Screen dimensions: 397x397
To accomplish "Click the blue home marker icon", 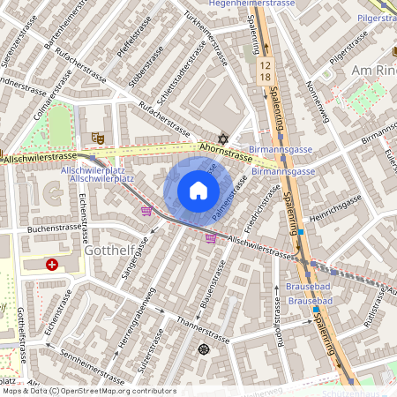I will click(x=198, y=191).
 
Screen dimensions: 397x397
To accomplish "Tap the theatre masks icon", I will click(x=97, y=138).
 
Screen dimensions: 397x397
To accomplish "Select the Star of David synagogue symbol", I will click(x=223, y=139).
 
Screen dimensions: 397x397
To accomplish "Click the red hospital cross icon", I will click(x=52, y=264).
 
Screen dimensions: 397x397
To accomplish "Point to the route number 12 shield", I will click(x=265, y=64).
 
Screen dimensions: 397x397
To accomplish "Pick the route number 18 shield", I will click(x=265, y=78).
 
